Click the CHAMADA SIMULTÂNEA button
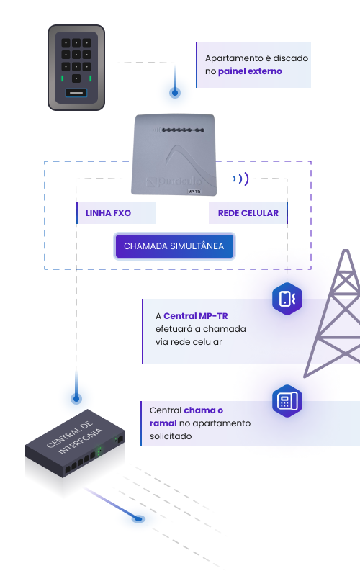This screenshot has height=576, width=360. (x=174, y=246)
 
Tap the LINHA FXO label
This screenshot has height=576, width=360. (x=109, y=213)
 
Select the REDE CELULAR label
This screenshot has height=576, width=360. (x=248, y=213)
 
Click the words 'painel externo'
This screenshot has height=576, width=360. (x=250, y=71)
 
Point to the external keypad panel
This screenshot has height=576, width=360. (x=76, y=68)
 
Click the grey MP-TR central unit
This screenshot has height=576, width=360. (x=174, y=154)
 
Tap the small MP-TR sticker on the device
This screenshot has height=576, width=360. (x=194, y=192)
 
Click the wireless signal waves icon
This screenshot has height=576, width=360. (x=241, y=179)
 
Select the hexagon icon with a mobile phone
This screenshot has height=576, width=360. (x=287, y=299)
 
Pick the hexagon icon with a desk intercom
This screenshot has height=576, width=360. (x=287, y=401)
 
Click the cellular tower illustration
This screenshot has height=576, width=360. (x=333, y=313)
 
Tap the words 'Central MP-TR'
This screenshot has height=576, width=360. (x=195, y=316)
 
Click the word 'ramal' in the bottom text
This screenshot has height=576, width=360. (x=163, y=423)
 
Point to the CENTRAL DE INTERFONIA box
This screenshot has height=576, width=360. (x=76, y=444)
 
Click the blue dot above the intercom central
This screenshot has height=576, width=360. (x=76, y=398)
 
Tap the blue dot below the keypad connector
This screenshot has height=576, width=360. (x=175, y=93)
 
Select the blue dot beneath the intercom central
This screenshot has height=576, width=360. (x=138, y=518)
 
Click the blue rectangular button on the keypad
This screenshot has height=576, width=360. (x=76, y=93)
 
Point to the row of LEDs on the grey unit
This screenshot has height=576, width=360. (x=183, y=130)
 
